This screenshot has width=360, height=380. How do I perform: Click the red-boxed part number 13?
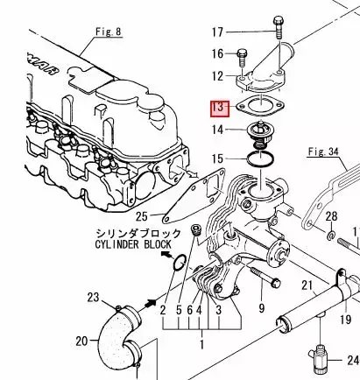[x=217, y=108]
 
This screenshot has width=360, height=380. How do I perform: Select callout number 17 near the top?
[x=218, y=33]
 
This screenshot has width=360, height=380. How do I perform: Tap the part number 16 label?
[x=218, y=54]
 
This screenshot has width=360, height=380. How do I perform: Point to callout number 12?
[x=218, y=76]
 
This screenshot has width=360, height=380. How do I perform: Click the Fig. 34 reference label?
[x=323, y=151]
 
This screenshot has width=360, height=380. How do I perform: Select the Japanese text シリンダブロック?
[x=139, y=233]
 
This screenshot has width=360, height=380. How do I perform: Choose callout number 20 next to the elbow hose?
[x=81, y=341]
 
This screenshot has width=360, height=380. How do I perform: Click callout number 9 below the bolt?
[x=260, y=308]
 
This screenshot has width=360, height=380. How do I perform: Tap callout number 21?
[x=306, y=285]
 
